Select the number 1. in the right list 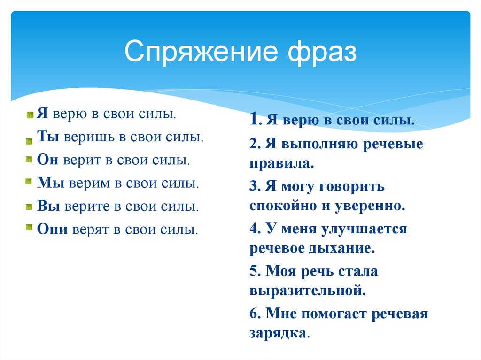pyautogui.click(x=256, y=121)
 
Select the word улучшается pyautogui.click(x=365, y=229)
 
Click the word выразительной pyautogui.click(x=308, y=291)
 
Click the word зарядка pyautogui.click(x=279, y=333)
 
